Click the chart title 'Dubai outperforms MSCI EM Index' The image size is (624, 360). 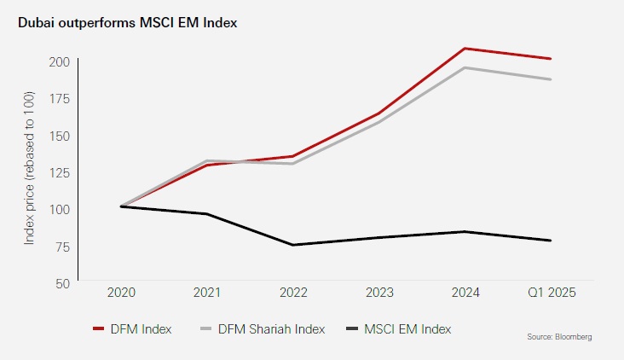point(127,22)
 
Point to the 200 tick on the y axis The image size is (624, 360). point(59,61)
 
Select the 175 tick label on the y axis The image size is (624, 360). point(59,99)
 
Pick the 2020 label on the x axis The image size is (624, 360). point(121,293)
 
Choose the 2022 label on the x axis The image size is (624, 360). point(292,293)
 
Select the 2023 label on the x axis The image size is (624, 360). point(378,293)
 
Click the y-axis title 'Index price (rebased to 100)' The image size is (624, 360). point(30,171)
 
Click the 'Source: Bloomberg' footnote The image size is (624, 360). point(558,338)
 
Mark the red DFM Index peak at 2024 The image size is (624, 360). point(465,49)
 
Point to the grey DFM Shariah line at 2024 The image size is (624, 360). point(465,67)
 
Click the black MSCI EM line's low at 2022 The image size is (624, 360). point(292,245)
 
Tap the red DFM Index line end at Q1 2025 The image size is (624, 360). point(551,59)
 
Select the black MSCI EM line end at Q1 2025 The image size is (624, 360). point(551,241)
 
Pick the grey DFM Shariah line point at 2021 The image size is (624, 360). point(207,160)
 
